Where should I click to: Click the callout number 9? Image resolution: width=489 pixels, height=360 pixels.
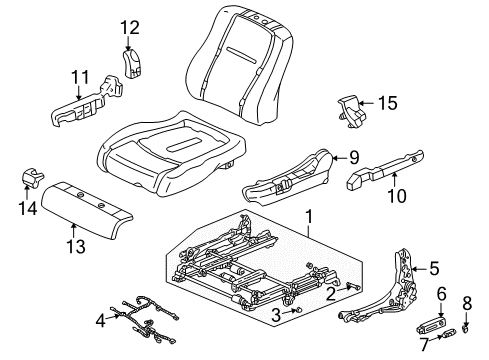(352, 156)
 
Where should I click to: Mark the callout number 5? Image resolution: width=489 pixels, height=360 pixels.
(433, 267)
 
